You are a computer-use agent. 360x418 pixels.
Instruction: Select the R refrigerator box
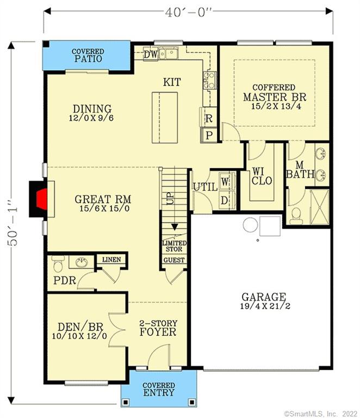pos(209,117)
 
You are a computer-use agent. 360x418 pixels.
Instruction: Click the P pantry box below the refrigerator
pos(209,134)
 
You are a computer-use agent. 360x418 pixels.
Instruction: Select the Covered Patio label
pos(88,56)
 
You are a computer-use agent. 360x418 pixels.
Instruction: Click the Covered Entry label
pos(159,389)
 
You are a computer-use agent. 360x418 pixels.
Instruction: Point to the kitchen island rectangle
pos(165,117)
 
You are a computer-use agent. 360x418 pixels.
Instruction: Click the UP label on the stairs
pos(171,198)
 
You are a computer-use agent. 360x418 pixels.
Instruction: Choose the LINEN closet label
pos(111,260)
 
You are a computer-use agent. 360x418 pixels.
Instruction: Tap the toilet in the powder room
pos(58,264)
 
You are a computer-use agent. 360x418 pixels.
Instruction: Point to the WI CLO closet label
pos(262,176)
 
